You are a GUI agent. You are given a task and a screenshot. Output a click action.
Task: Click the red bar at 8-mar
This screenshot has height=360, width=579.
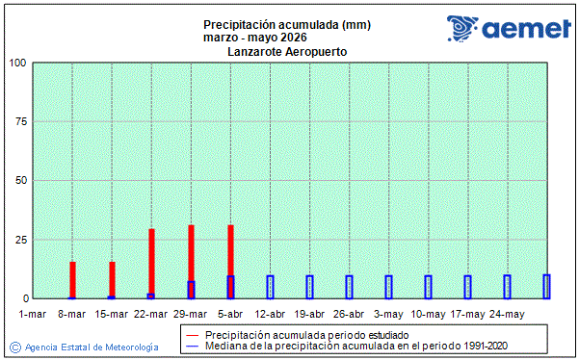(72, 279)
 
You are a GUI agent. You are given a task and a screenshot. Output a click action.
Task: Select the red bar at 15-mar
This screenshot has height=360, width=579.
(112, 278)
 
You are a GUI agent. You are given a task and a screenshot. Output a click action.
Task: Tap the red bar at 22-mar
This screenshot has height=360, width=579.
(151, 261)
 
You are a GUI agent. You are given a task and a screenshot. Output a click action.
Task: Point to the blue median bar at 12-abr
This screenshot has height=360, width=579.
(270, 287)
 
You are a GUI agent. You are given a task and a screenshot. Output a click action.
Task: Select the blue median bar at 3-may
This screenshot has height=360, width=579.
(388, 287)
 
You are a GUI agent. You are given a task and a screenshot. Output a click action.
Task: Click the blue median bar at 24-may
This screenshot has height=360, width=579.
(507, 287)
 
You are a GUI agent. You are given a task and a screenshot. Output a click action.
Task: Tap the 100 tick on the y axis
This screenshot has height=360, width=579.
(17, 64)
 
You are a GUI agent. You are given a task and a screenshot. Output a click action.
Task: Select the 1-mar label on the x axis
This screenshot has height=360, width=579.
(33, 314)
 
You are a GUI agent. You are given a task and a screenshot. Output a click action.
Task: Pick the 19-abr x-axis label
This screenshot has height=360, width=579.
(309, 314)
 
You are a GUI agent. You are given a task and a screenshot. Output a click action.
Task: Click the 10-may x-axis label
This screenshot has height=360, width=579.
(428, 314)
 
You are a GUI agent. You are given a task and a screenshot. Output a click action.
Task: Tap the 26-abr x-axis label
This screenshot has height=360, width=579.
(349, 314)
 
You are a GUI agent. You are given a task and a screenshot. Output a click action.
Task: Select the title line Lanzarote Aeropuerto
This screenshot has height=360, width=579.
(288, 50)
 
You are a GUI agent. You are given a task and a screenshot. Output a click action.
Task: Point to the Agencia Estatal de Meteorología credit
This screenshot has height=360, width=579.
(85, 346)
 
